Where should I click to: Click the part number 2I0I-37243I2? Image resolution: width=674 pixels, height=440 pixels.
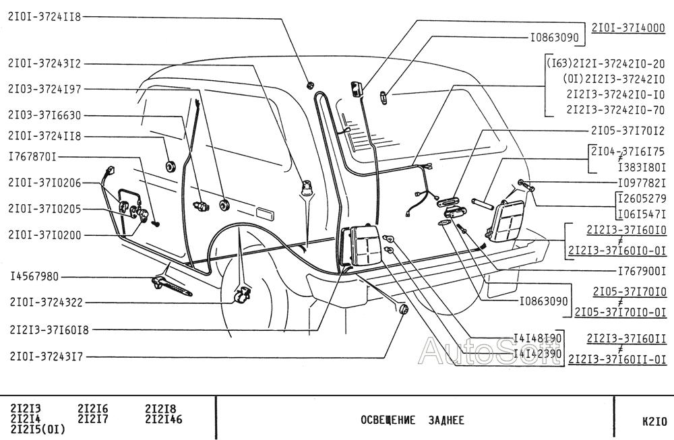[x=44, y=64]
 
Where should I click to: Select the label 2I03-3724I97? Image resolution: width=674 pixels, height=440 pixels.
[x=44, y=88]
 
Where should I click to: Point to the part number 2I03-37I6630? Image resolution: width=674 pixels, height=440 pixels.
[x=44, y=116]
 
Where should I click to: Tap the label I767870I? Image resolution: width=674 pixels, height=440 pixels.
[x=32, y=157]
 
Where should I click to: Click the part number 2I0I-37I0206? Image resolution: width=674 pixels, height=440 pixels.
[x=44, y=183]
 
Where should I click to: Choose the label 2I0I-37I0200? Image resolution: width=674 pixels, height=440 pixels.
[x=44, y=235]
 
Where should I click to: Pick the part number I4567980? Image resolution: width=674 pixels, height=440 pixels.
[x=34, y=276]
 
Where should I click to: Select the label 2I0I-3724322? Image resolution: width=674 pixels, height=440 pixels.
[x=44, y=303]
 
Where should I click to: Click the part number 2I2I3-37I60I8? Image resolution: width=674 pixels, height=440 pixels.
[x=49, y=329]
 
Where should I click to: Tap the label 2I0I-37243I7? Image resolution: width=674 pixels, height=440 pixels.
[x=44, y=356]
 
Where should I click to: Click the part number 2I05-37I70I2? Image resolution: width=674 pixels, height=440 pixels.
[x=628, y=130]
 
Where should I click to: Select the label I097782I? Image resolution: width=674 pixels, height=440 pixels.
[x=642, y=183]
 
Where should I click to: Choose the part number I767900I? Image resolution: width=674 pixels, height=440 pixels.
[x=642, y=271]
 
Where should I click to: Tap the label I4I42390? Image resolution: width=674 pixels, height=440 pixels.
[x=537, y=352]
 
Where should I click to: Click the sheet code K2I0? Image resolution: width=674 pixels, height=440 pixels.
[x=654, y=421]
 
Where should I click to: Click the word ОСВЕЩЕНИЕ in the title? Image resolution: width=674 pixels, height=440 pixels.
[x=388, y=421]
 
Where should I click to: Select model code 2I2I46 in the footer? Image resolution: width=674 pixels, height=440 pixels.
[x=163, y=419]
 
